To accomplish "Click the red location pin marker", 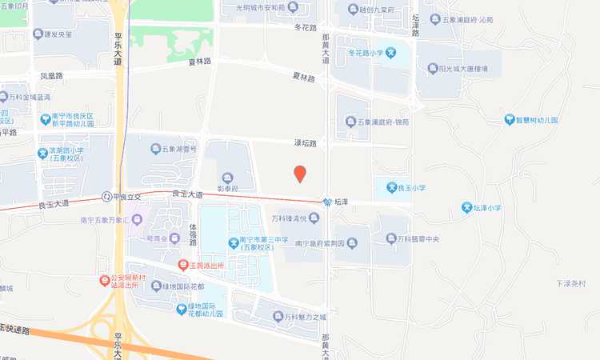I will pos(300,174).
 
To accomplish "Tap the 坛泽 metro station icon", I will pos(328,202).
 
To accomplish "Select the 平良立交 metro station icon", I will pos(106,197).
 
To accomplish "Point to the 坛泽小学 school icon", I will pos(467,208).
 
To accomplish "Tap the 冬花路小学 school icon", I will pos(390,54).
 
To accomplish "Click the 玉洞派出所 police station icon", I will pos(182,264).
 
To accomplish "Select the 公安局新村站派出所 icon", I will pos(105,280).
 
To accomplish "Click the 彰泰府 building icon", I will pos(229,177).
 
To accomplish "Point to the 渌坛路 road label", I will pos(306,143).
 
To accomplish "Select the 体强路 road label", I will pos(193,234).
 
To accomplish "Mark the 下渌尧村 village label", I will pos(570,284).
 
